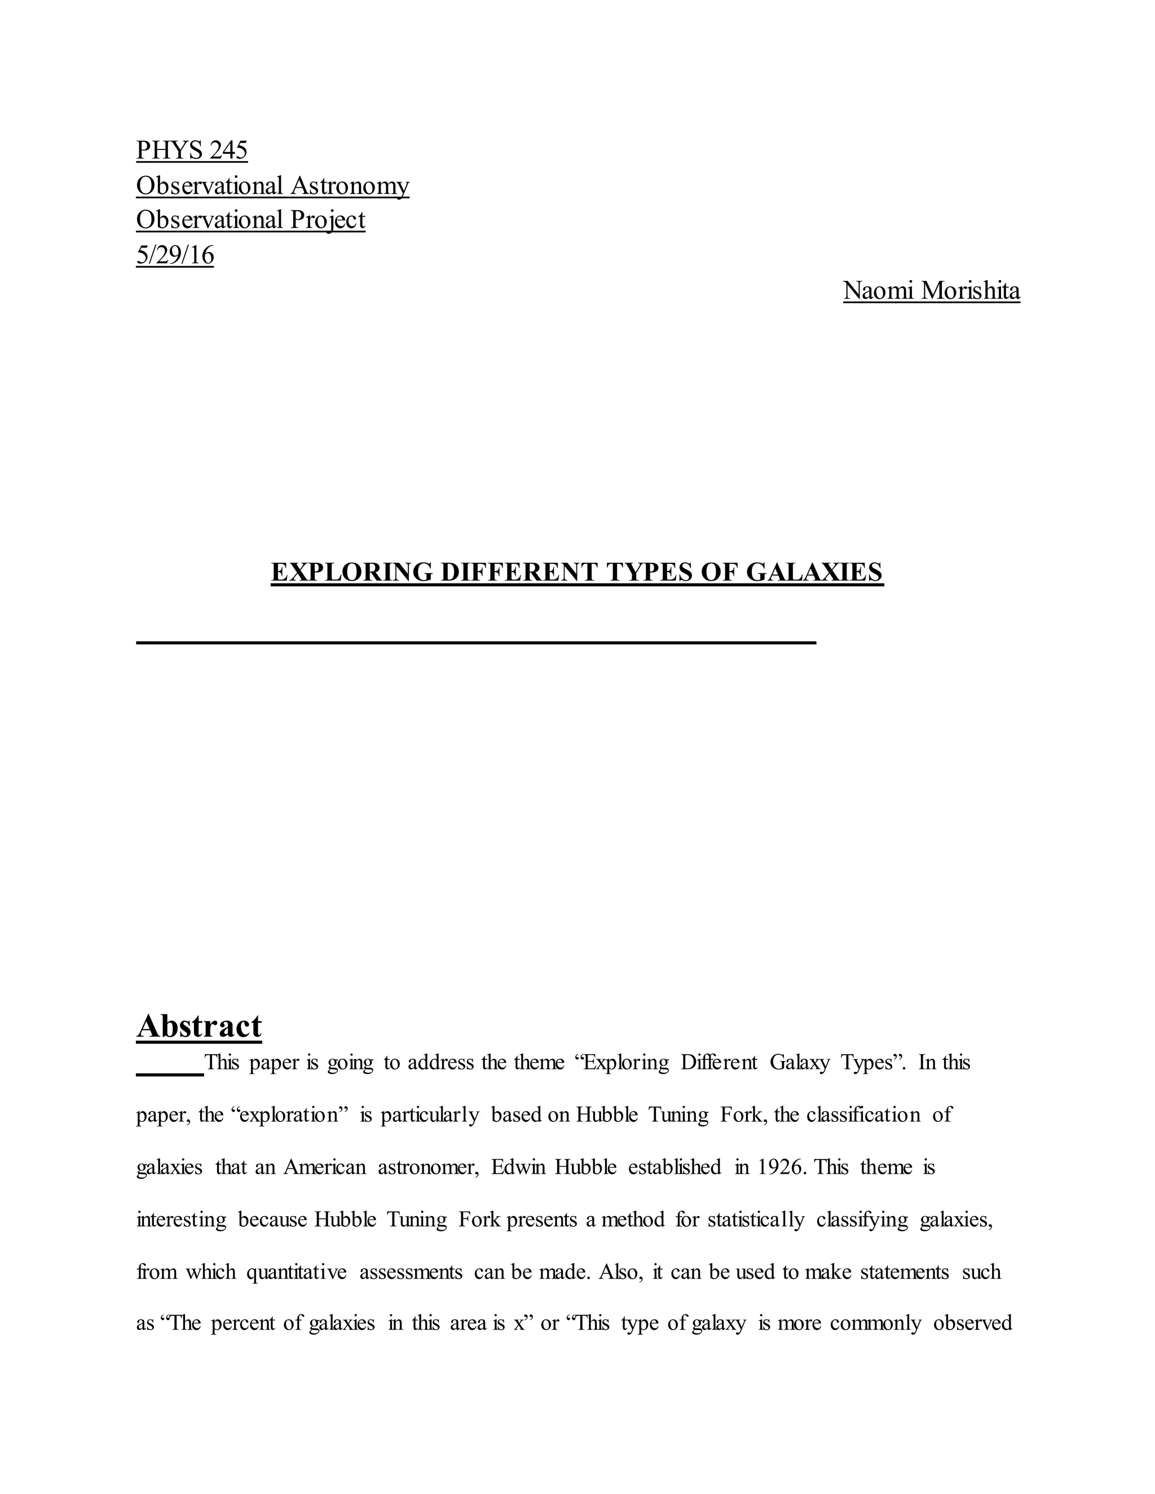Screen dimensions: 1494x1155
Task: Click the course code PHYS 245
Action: click(x=192, y=150)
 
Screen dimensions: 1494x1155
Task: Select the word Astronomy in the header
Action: click(x=350, y=185)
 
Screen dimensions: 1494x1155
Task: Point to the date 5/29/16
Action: click(x=175, y=255)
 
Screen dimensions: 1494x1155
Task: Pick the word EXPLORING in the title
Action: click(x=352, y=572)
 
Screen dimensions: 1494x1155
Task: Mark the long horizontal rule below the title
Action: click(x=476, y=642)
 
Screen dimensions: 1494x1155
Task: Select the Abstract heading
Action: click(x=199, y=1026)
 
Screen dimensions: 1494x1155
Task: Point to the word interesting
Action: click(x=182, y=1219)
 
